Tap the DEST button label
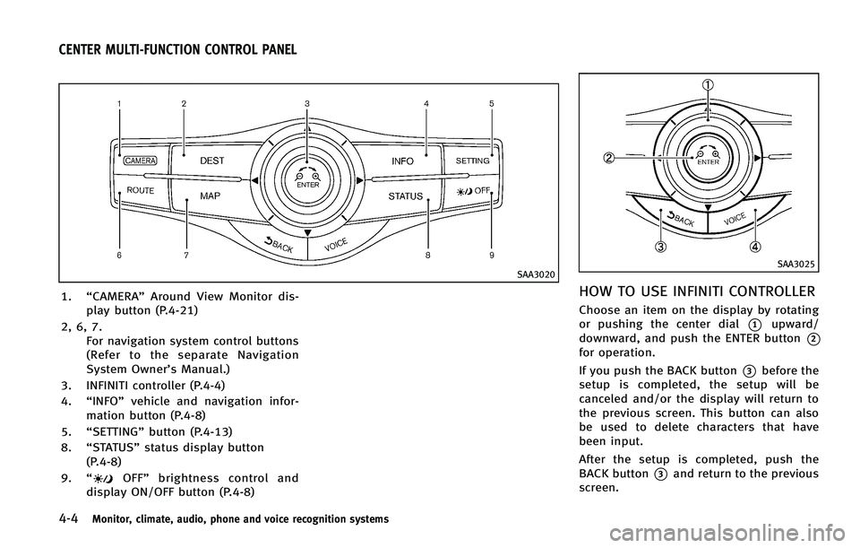[x=212, y=160]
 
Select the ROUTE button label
[x=141, y=191]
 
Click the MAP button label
[x=210, y=196]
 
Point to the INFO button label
[x=402, y=161]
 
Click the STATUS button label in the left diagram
[x=405, y=195]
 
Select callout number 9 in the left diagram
[x=492, y=257]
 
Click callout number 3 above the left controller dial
[x=306, y=104]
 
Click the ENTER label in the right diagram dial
[x=709, y=163]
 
